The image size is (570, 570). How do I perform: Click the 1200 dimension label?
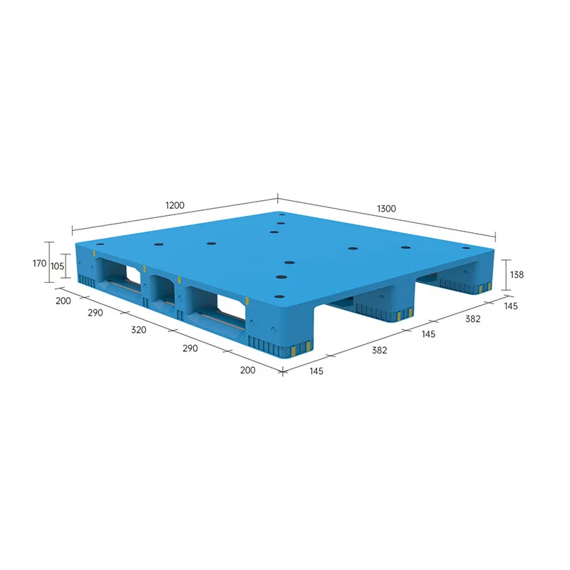[175, 205]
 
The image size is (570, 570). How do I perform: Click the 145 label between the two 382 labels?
[429, 333]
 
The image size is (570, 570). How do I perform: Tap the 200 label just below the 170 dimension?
[63, 301]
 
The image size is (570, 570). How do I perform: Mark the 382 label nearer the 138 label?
[472, 319]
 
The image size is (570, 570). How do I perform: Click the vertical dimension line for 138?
[507, 274]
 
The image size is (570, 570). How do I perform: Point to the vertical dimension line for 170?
[49, 263]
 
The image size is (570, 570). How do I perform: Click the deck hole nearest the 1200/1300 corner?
[282, 214]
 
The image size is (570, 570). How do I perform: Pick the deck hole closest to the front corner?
[280, 295]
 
